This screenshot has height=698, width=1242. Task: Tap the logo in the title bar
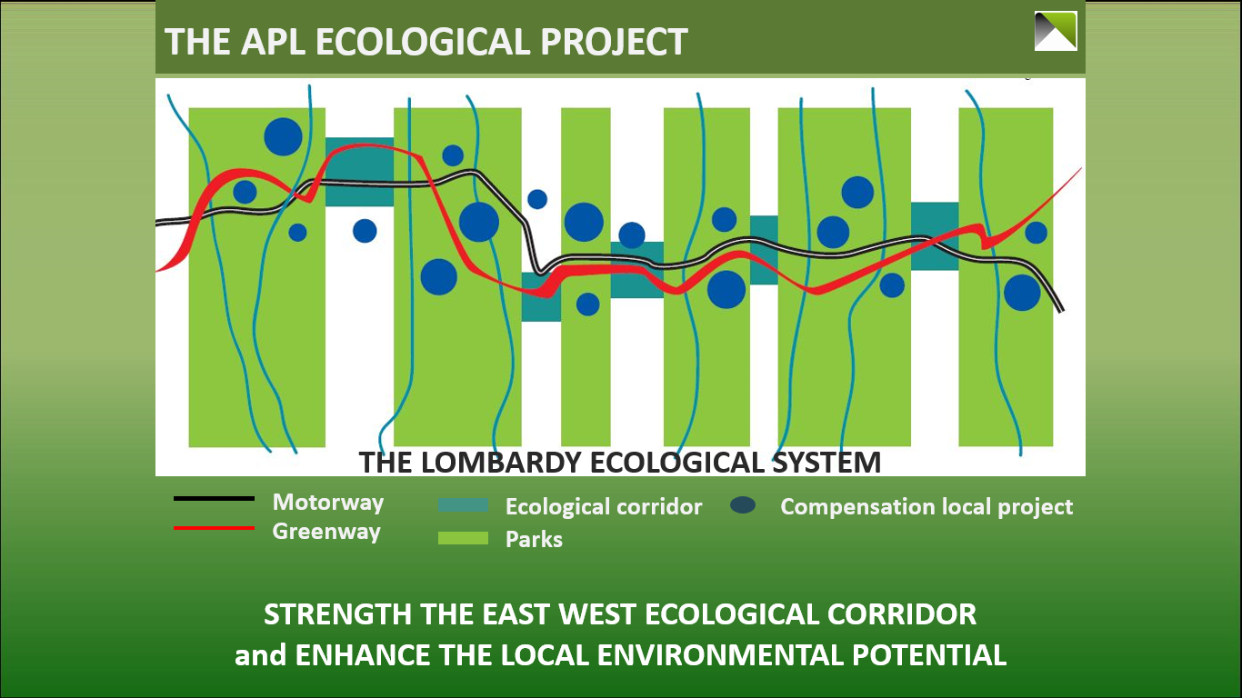click(x=1056, y=31)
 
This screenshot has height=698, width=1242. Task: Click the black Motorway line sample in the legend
click(x=215, y=499)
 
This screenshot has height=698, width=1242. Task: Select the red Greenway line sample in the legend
click(x=215, y=528)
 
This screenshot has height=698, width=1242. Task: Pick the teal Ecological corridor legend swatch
click(x=463, y=505)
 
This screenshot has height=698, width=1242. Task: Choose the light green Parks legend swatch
click(x=463, y=538)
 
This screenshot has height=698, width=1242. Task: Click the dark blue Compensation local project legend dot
click(x=743, y=505)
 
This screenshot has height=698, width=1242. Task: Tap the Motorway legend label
click(x=328, y=503)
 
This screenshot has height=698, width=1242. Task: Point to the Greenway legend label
click(x=326, y=531)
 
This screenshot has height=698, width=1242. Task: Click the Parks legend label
click(x=534, y=539)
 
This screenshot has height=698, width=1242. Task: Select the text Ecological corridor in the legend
click(x=604, y=507)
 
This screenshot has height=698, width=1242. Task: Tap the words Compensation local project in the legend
click(x=926, y=507)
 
